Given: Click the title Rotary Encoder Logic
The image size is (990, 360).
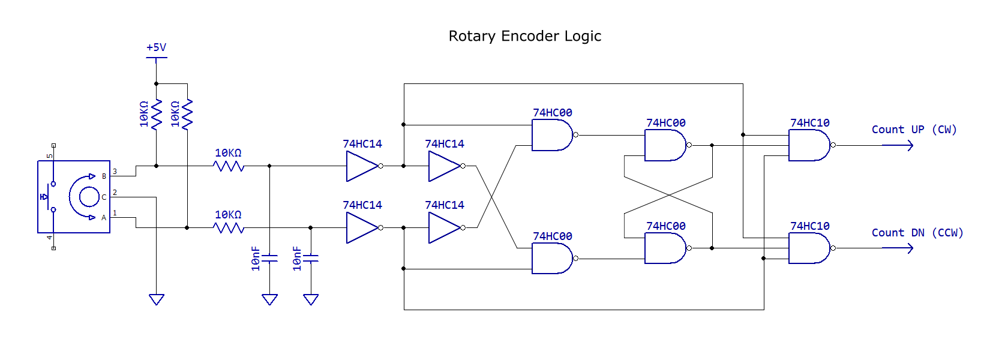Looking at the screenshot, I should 524,36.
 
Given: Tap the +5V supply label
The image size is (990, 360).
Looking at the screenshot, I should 156,47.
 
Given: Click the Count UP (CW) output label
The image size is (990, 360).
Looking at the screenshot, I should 914,130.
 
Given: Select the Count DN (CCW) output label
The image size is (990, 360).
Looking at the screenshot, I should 917,233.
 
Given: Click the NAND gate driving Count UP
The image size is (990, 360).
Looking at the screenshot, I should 809,145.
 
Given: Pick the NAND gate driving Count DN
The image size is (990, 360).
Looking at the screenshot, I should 809,248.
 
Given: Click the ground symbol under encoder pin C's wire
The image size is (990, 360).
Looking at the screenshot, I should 157,299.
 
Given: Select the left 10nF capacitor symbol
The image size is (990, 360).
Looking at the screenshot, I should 270,259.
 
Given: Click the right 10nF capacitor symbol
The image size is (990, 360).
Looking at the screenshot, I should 311,259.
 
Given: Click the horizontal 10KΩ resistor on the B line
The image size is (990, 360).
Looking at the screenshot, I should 229,166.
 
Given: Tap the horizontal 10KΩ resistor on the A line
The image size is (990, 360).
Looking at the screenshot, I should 229,228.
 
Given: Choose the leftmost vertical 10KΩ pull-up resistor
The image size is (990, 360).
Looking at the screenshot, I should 157,115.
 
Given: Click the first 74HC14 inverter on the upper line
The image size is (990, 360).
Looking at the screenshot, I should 362,166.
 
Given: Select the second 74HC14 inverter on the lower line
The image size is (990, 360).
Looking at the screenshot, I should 445,228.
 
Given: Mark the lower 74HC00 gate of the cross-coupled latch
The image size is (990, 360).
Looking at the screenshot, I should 665,248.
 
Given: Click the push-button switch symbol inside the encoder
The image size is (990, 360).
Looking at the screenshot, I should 47,197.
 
